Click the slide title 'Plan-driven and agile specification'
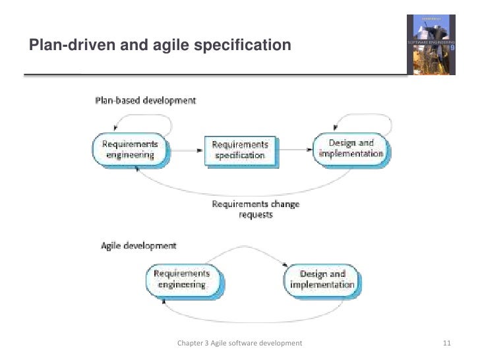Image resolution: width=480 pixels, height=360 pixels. click(x=160, y=45)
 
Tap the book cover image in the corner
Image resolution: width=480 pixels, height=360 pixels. click(x=431, y=44)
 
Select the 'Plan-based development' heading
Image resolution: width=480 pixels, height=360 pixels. click(x=146, y=101)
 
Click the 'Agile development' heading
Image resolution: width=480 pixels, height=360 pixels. click(x=139, y=246)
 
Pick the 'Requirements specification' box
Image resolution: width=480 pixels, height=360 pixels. click(x=241, y=150)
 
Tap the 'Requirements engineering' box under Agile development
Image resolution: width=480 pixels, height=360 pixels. click(x=181, y=279)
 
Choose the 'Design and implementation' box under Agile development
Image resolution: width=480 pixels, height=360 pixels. click(x=322, y=280)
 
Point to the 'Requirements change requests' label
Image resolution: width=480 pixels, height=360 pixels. click(x=255, y=209)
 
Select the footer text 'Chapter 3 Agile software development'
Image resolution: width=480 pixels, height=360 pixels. click(x=240, y=343)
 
